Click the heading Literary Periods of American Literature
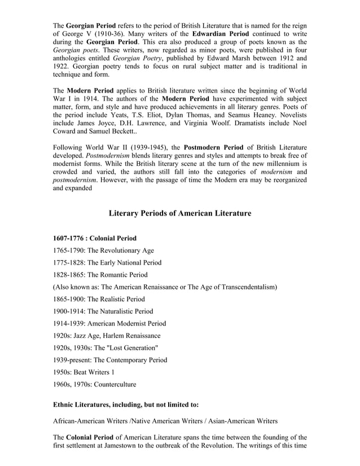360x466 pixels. coord(179,213)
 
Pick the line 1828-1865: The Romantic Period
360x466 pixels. coord(100,275)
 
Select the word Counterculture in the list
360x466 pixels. coord(112,384)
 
